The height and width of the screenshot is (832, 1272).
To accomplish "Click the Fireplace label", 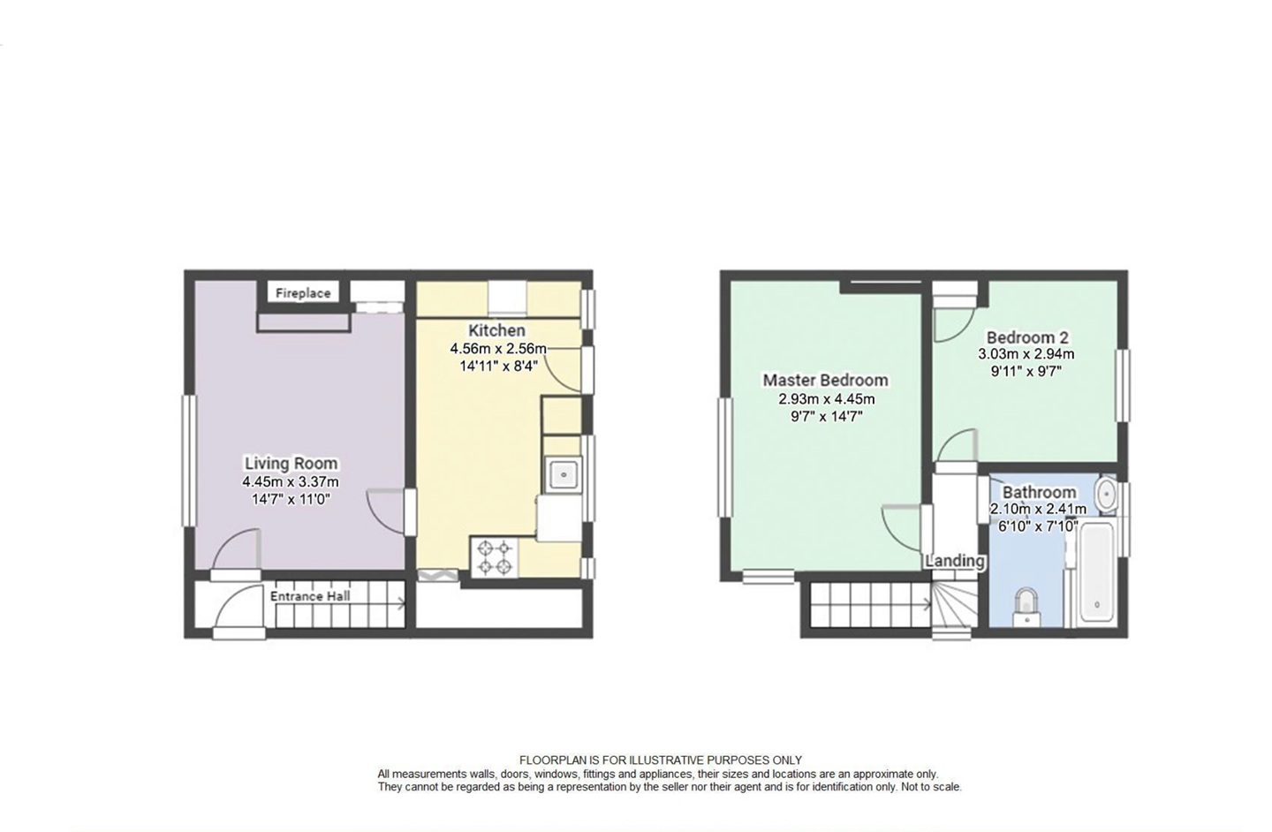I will tap(302, 293).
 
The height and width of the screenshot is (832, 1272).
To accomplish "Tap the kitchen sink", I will tap(563, 474).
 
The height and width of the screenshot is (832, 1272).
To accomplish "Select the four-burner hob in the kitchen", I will tap(495, 557).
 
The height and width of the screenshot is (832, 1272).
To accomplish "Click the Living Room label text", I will tap(291, 464).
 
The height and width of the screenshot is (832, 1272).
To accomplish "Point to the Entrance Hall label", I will tap(310, 596).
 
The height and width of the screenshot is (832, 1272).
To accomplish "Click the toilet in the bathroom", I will tap(1025, 605).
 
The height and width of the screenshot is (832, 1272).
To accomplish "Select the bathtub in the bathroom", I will tap(1095, 572).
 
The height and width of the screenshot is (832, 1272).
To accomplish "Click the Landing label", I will tap(954, 561).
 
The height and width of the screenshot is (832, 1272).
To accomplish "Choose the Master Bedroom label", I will tap(825, 381).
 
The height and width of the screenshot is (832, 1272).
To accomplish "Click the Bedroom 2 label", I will tap(1026, 337).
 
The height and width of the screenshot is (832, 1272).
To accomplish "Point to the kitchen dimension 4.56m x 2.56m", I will tap(498, 349).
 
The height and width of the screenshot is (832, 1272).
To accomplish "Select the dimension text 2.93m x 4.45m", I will tap(826, 399).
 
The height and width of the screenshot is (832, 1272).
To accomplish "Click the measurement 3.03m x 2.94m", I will tap(1026, 354).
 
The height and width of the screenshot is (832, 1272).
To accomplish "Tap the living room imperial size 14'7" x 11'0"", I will tap(291, 499).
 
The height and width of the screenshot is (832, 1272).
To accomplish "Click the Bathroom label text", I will tap(1039, 492).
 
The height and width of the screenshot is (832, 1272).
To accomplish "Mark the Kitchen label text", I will tap(496, 330).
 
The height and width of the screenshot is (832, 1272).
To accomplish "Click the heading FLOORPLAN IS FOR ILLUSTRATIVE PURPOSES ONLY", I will tap(660, 760).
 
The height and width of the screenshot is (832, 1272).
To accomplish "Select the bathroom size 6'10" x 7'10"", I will tap(1033, 526).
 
